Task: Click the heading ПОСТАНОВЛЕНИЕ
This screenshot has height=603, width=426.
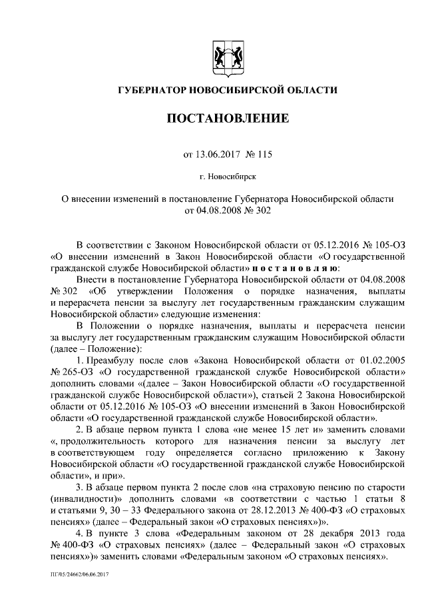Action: point(227,119)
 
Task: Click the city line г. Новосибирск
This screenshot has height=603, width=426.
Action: point(227,177)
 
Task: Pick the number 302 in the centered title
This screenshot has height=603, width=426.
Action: point(262,211)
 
